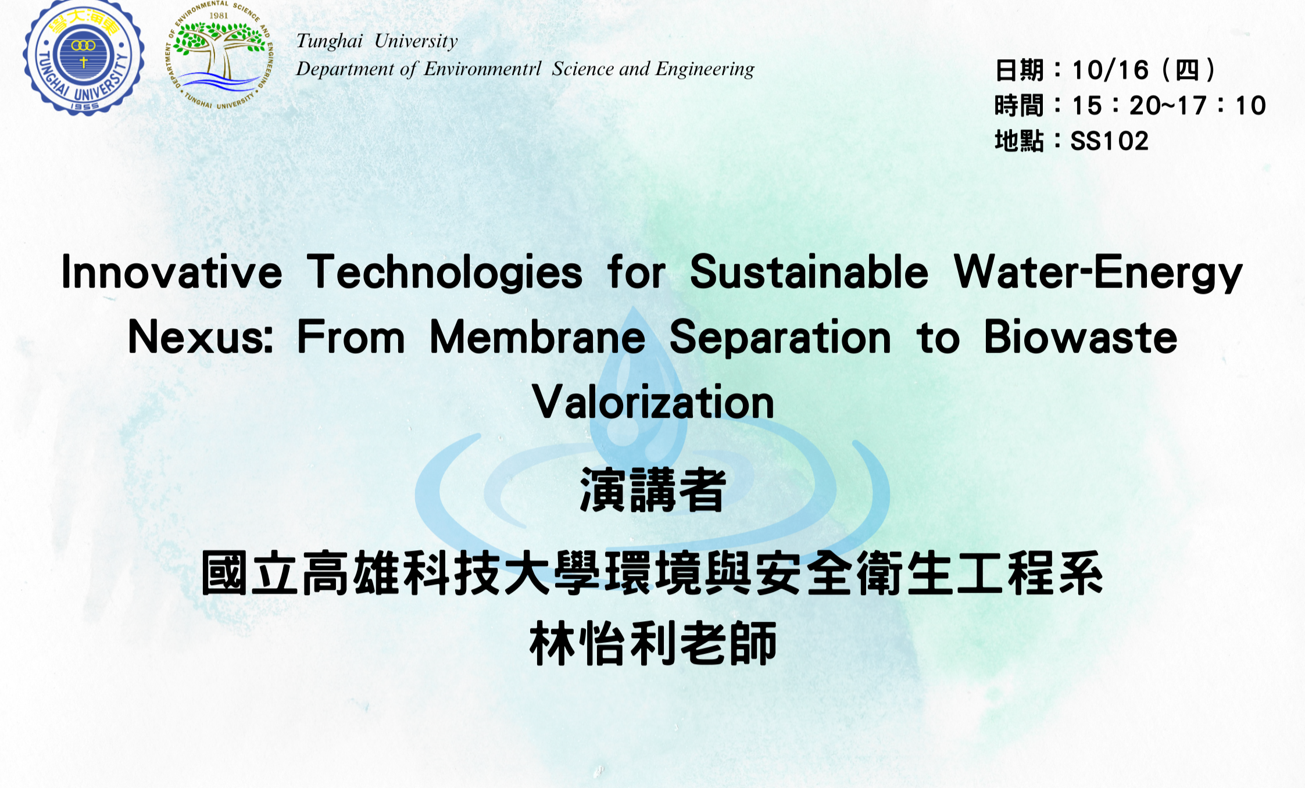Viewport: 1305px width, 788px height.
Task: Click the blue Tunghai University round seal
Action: pos(84,57)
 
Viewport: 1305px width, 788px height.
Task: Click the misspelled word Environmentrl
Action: pos(482,69)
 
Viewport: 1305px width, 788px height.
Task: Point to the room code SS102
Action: pos(1110,141)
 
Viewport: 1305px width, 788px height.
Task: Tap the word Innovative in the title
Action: pos(171,272)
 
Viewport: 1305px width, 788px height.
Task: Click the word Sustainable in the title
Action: pos(809,271)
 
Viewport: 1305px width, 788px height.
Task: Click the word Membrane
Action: pos(538,337)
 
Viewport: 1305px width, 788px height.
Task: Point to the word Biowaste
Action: pos(1081,337)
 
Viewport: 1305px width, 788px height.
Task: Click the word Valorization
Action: pos(653,402)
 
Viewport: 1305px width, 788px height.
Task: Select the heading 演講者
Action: pos(653,490)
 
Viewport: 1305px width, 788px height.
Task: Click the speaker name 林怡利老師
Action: pos(653,643)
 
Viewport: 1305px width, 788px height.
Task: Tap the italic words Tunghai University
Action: pos(377,41)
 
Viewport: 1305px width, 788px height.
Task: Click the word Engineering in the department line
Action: pos(705,69)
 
